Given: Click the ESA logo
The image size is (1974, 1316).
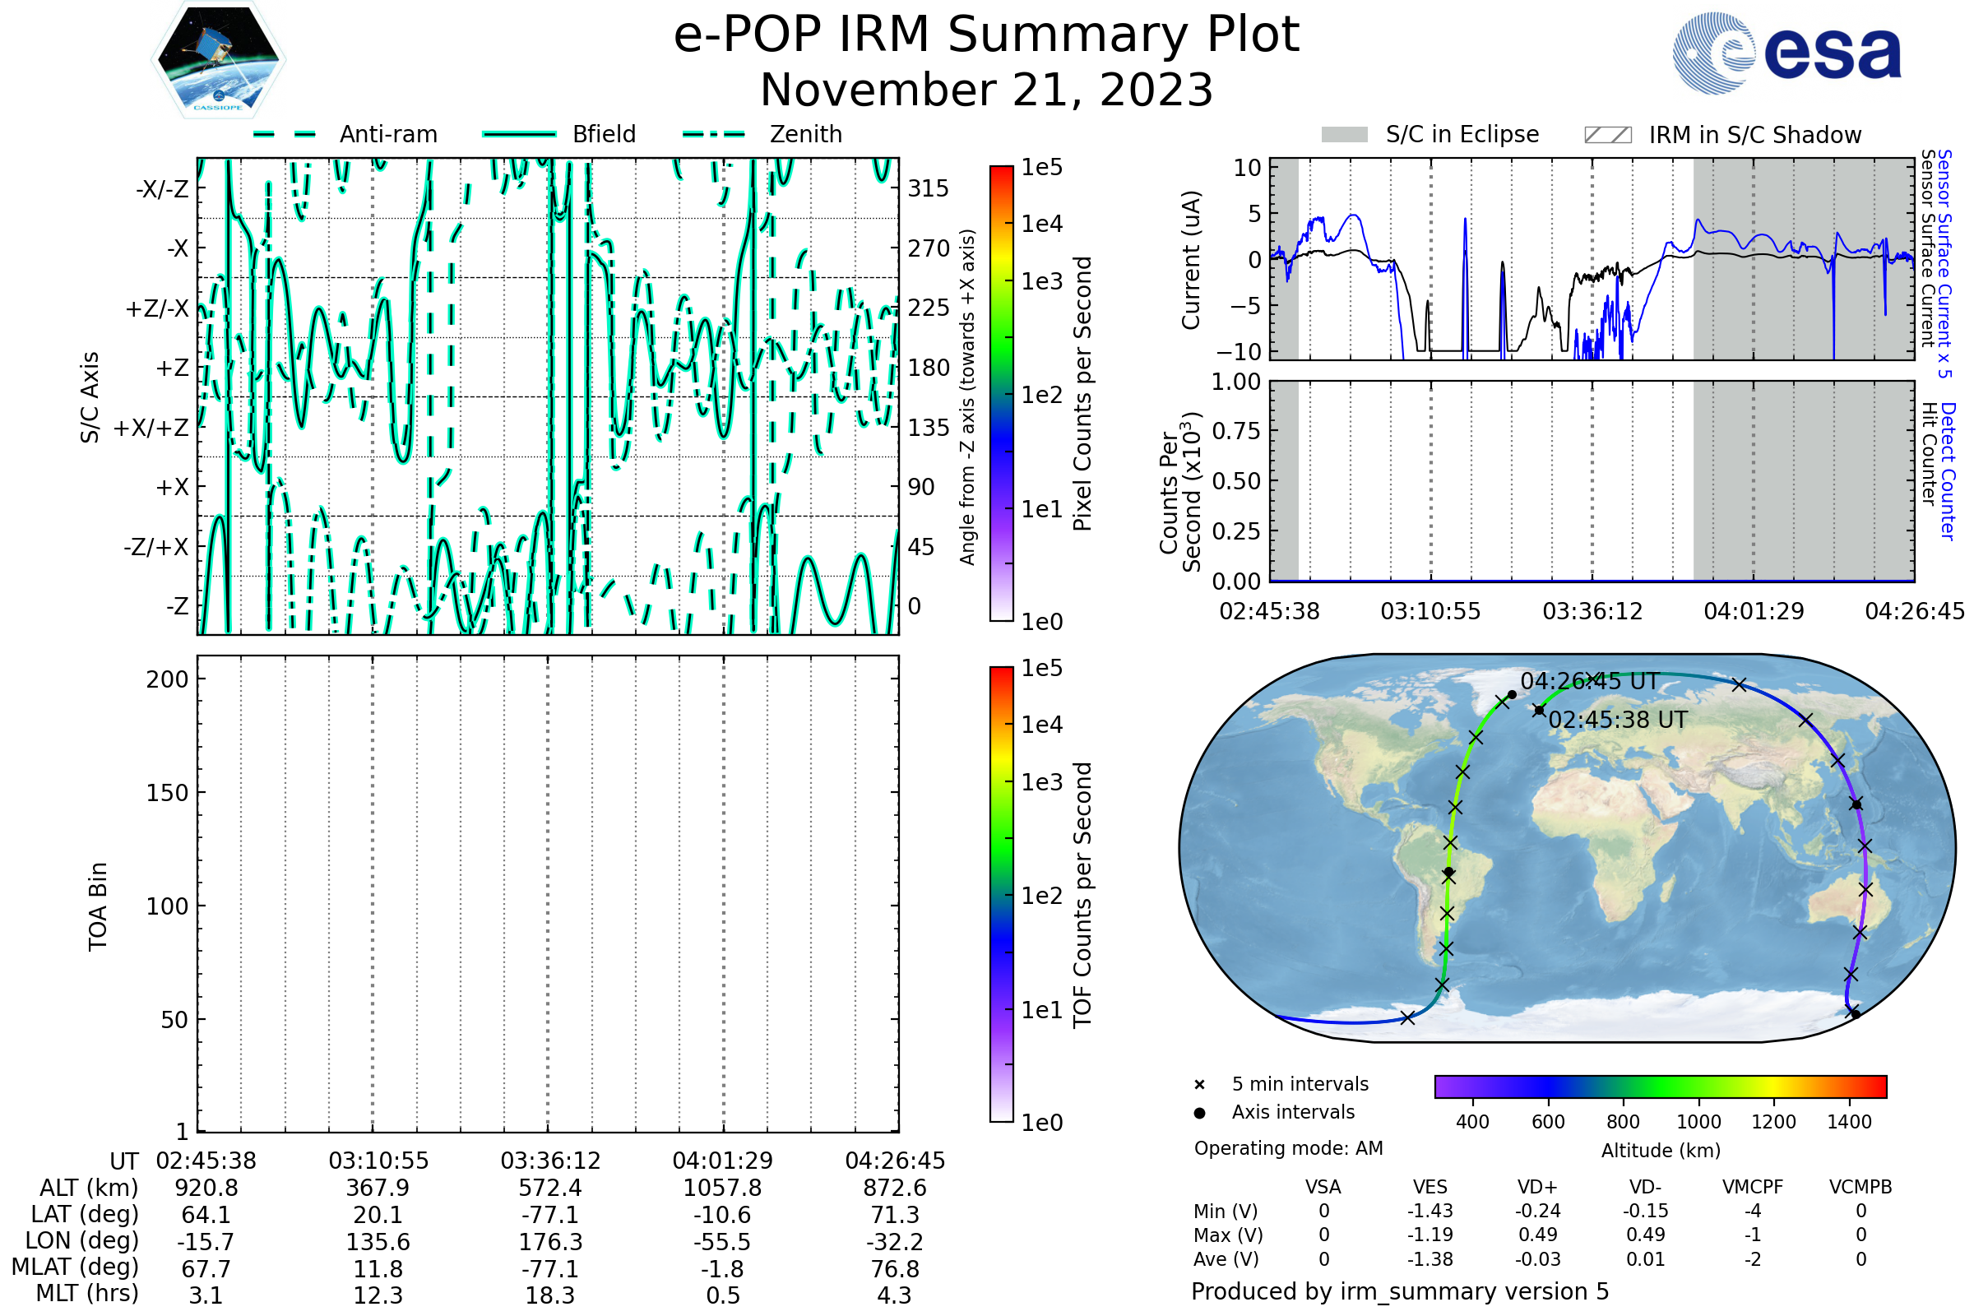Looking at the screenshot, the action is coord(1786,53).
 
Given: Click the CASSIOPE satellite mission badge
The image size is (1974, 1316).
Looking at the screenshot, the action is coord(218,58).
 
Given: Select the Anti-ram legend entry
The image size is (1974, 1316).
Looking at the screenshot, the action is coord(345,134).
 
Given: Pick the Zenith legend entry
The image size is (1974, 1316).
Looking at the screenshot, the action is coord(762,134).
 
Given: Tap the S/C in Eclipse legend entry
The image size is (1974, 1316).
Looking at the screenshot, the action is coord(1430,134).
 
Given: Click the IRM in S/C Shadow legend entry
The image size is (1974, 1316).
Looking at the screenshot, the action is coord(1722,135).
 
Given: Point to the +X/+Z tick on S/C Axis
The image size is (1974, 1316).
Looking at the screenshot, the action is coord(151,428).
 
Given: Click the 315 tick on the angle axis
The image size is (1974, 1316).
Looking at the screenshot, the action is coord(929,188).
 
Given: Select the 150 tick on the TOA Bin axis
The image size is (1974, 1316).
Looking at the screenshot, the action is coord(167,793).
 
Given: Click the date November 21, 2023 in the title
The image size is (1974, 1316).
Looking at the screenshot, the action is coord(987,90).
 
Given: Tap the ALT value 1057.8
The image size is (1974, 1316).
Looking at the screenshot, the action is coord(723,1189).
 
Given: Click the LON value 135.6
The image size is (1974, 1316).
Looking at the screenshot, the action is coord(378,1242).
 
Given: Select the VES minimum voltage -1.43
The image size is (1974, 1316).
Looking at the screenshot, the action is coord(1430,1211).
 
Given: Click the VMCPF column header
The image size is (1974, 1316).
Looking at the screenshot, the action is coord(1753,1187).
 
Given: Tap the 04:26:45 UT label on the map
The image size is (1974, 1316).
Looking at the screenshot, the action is coord(1590,681).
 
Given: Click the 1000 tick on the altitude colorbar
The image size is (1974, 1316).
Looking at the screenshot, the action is coord(1698,1122).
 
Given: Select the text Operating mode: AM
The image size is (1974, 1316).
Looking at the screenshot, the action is coord(1288,1148).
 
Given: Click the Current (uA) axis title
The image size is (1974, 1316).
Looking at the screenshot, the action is coord(1191,260).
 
